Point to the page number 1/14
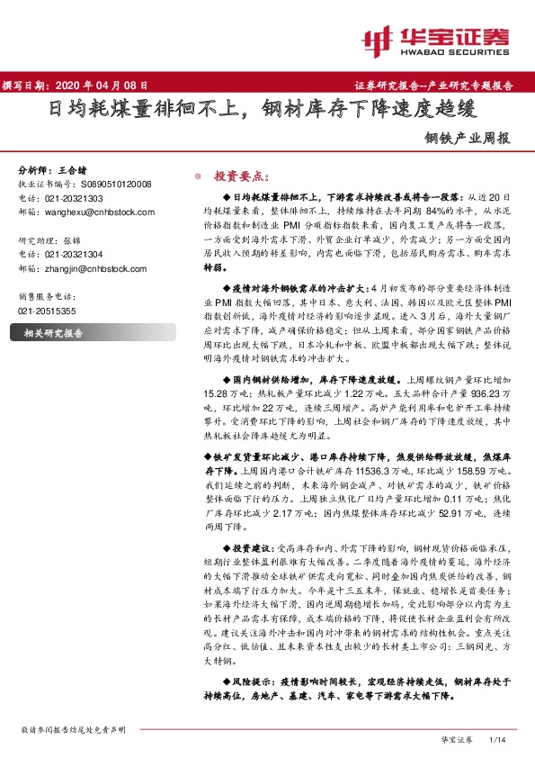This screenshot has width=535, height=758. point(496,738)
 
